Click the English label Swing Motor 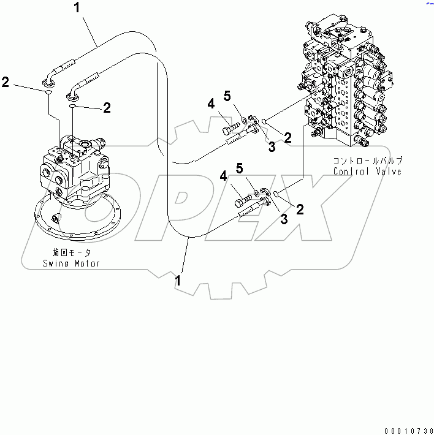(x=71, y=263)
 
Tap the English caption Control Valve (x=368, y=172)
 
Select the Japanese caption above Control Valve (x=367, y=161)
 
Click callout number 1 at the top (x=77, y=7)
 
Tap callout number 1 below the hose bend (x=178, y=281)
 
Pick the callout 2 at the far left (x=6, y=81)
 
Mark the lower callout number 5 (x=240, y=167)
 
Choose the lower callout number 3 (x=284, y=219)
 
